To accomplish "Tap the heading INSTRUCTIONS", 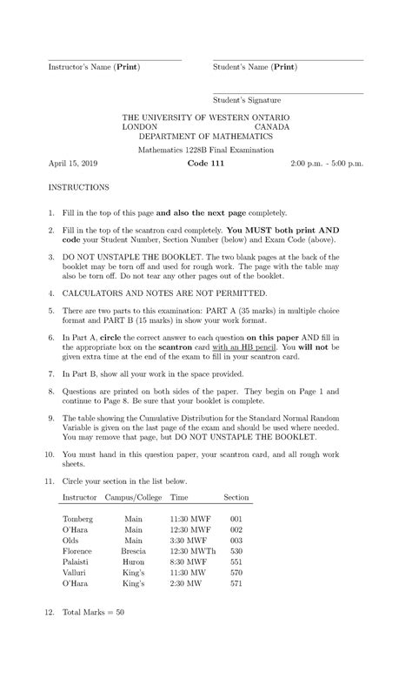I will [78, 187].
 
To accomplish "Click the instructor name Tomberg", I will [78, 519].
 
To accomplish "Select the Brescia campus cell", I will [134, 551].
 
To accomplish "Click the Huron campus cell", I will [133, 561].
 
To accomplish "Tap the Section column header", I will [236, 497].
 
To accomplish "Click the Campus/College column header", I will [133, 497].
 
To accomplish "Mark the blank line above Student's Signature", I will [288, 93].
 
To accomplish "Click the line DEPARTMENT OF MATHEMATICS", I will [205, 137].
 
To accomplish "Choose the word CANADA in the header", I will [272, 126].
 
